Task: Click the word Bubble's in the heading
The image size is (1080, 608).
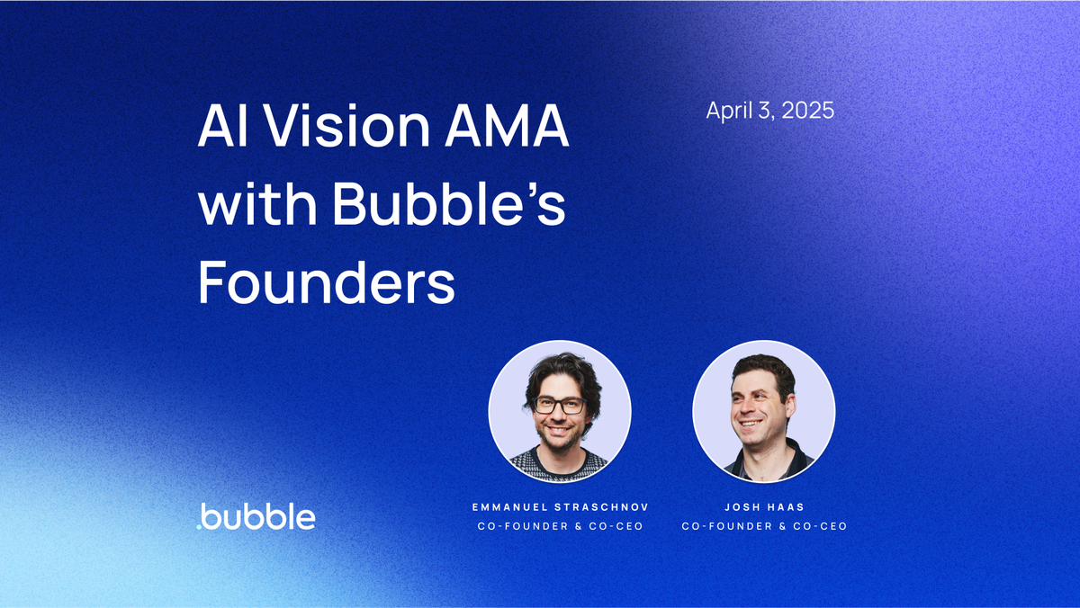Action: tap(449, 206)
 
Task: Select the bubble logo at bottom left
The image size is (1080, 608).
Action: tap(256, 517)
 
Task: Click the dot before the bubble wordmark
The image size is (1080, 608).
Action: tap(199, 526)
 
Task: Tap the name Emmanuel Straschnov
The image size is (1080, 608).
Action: tap(560, 507)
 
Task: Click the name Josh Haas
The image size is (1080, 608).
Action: tap(764, 507)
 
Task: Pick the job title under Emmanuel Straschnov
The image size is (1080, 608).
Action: tap(560, 526)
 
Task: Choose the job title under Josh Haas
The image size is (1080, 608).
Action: tap(764, 526)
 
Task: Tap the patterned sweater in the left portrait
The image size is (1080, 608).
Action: tap(560, 464)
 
